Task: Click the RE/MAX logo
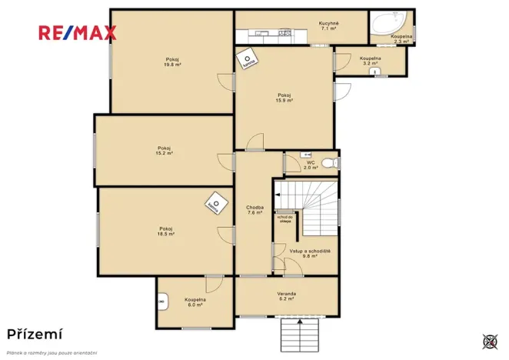pos(78,32)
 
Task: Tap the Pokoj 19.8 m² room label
pos(171,62)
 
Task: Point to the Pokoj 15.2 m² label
pos(164,151)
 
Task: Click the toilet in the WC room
pos(328,162)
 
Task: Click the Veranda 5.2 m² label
pos(286,296)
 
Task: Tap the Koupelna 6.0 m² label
pos(195,302)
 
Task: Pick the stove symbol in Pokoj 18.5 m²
pos(215,205)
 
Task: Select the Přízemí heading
pos(35,334)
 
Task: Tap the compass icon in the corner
pos(490,340)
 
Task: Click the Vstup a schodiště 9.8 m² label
pos(310,254)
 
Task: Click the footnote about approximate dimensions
pos(52,352)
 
